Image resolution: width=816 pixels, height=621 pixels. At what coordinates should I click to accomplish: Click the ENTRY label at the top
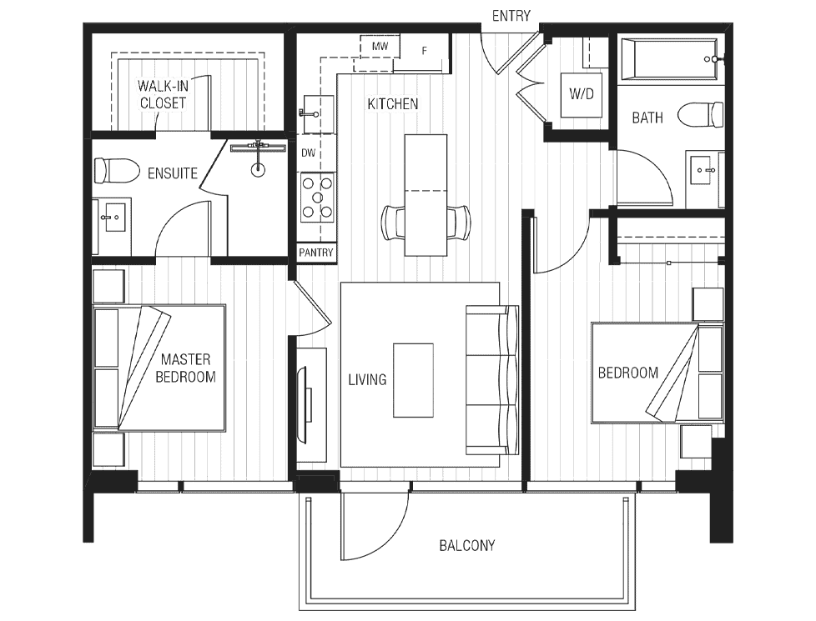tap(511, 16)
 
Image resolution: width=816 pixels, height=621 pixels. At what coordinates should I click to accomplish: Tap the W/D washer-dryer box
tap(582, 95)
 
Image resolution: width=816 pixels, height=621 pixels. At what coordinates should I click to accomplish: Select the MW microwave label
tap(380, 47)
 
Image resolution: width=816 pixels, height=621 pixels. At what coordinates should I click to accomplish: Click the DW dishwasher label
tap(308, 153)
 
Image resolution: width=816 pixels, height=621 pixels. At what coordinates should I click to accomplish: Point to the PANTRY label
tap(316, 253)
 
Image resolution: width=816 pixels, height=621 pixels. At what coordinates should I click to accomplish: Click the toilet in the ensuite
tap(117, 171)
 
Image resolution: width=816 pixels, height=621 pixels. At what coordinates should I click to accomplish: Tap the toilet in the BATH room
tap(701, 114)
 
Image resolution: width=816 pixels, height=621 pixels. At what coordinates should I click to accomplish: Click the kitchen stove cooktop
tap(317, 198)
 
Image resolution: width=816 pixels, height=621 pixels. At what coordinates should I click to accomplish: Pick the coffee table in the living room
tap(413, 380)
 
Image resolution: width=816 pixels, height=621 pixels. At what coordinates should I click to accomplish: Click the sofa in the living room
tap(491, 380)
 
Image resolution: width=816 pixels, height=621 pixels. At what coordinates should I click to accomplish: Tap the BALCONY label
tap(466, 546)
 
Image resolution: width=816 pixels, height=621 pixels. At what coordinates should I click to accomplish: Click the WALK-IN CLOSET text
tap(163, 94)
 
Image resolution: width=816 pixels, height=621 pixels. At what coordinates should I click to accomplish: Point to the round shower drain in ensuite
tap(258, 168)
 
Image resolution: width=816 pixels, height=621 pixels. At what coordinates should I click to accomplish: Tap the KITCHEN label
tap(393, 104)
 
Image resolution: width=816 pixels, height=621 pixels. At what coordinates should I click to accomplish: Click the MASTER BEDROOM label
tap(186, 368)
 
